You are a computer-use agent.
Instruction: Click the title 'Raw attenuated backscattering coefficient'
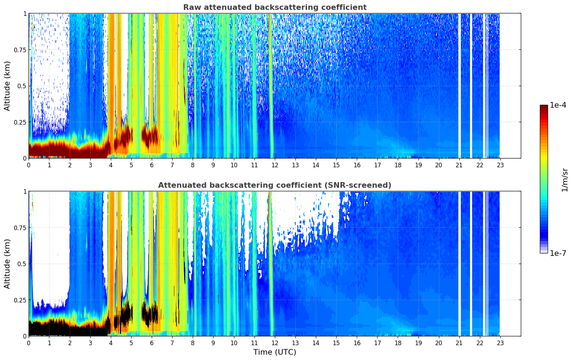275,7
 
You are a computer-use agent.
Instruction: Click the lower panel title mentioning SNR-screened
275,185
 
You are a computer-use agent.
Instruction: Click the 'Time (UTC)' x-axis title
275,352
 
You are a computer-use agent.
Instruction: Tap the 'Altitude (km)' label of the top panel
7,86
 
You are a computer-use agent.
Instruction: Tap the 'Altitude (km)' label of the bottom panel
7,264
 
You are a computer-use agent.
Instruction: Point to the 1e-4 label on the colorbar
558,105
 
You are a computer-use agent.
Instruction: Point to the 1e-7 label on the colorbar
558,253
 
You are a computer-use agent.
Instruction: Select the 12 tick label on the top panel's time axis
275,165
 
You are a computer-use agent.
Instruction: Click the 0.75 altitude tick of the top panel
20,50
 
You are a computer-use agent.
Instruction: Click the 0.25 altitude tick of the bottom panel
20,300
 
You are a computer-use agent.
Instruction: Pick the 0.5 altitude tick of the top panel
22,86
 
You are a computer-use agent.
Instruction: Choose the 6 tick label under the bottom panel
152,343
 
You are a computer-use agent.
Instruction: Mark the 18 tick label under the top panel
398,165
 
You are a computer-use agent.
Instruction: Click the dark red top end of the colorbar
544,107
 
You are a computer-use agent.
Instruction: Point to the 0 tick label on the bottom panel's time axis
29,343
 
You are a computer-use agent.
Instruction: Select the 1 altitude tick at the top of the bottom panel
25,192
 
